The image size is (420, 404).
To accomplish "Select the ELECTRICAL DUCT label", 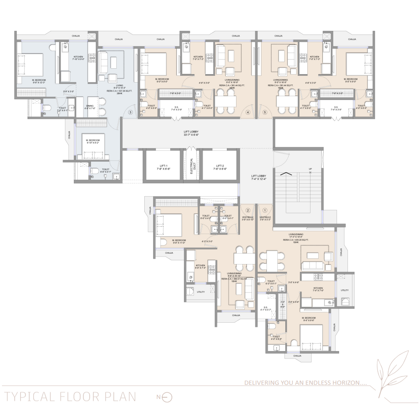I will pos(191,166).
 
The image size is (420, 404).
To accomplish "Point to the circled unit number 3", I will pos(131,112).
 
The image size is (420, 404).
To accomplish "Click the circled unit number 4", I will pos(248,112).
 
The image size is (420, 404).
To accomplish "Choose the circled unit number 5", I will pos(264,112).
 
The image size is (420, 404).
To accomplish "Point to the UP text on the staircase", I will pos(310,169).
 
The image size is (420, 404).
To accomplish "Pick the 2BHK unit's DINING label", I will pos(90,107).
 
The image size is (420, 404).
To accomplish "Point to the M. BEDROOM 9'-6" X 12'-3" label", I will pos(33,81).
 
